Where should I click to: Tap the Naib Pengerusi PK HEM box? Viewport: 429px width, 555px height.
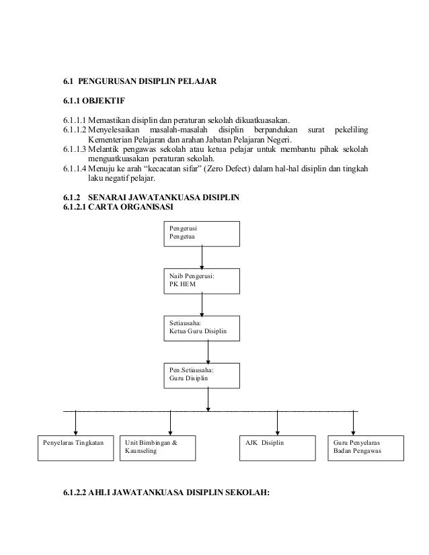[x=202, y=280]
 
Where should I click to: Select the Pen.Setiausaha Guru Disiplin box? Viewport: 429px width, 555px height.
[x=202, y=374]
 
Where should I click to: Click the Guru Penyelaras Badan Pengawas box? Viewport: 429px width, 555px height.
[x=366, y=447]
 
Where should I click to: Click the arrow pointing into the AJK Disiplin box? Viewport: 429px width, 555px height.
[x=277, y=423]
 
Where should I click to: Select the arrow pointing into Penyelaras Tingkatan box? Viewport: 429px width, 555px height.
[x=75, y=423]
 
